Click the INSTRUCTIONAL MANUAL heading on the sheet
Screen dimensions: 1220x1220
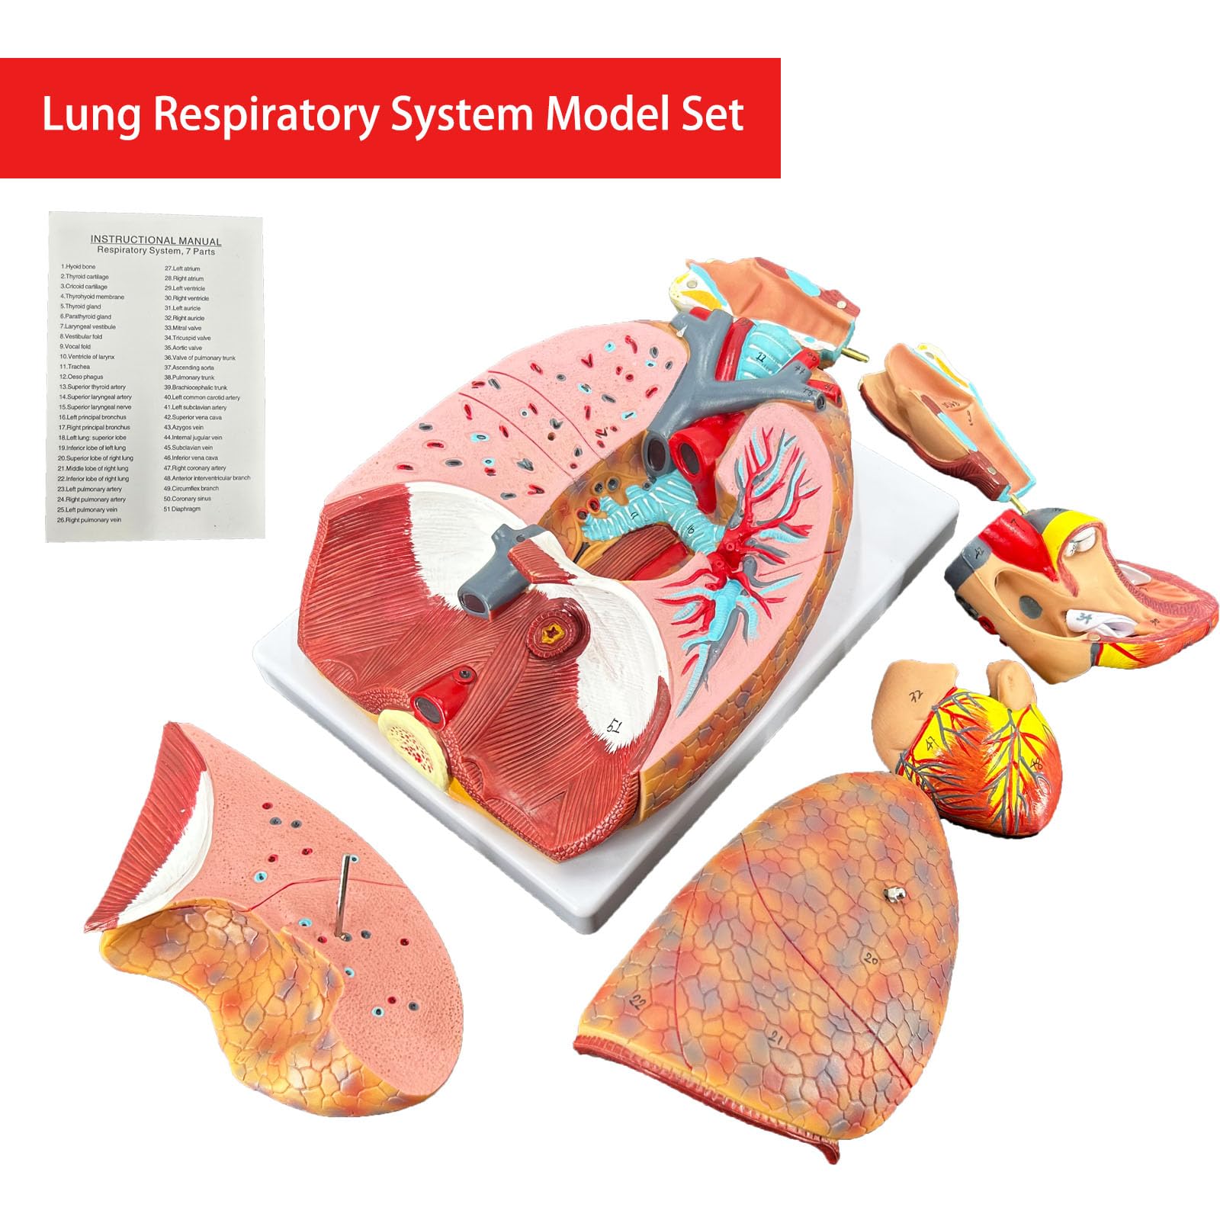coord(156,240)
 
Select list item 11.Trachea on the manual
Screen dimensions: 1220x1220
coord(75,367)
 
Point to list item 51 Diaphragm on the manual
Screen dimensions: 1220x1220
coord(182,509)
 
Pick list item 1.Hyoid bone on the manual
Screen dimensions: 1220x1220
coord(79,267)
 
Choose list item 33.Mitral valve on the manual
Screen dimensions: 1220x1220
coord(183,328)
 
